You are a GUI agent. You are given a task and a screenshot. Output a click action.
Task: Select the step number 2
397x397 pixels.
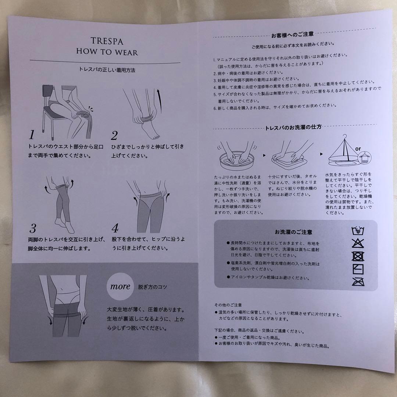click(114, 135)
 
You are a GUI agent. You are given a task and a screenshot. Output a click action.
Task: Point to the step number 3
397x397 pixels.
click(33, 229)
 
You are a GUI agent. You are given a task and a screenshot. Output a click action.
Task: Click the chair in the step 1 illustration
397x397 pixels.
click(50, 107)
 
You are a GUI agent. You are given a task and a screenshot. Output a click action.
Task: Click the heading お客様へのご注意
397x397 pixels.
click(292, 35)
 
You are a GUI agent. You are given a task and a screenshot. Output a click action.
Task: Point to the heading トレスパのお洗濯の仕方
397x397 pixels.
click(293, 128)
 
